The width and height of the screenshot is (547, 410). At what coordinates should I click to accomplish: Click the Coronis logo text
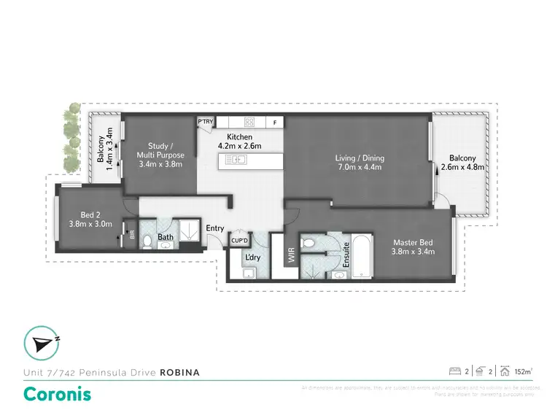(58, 393)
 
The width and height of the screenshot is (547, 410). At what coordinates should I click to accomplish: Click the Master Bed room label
(414, 247)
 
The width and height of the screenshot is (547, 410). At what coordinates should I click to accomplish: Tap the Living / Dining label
(360, 163)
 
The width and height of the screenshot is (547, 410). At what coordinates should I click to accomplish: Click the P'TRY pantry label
(205, 123)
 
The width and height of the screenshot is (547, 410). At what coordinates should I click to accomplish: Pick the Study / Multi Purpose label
(160, 159)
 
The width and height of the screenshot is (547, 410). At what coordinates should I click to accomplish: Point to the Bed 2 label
(90, 220)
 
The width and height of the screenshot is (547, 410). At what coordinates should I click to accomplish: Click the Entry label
(215, 229)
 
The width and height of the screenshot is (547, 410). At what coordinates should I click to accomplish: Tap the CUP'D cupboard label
(240, 240)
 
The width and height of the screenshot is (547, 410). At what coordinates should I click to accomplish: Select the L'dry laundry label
(253, 258)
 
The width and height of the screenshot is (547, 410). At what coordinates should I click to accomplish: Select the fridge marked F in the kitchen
(275, 123)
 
